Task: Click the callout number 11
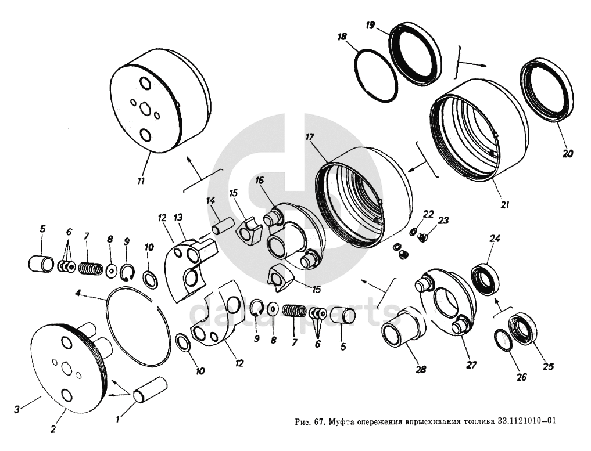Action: tap(141, 181)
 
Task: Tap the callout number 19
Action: tap(370, 26)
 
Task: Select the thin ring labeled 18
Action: tap(376, 75)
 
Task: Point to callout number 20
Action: tap(568, 154)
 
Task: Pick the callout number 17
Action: tap(309, 138)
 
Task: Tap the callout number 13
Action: tap(178, 217)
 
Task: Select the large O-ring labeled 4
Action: tap(138, 329)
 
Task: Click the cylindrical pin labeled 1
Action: tap(150, 389)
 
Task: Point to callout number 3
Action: tap(17, 409)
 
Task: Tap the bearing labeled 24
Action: tap(484, 278)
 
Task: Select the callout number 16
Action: tap(259, 181)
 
